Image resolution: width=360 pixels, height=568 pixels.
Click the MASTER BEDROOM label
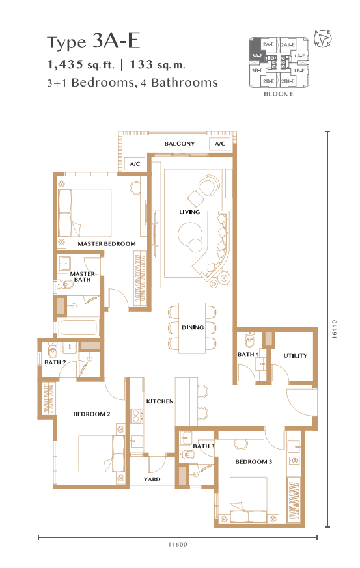107,244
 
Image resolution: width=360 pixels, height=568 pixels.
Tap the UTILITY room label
295,356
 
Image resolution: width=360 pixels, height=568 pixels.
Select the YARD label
152,480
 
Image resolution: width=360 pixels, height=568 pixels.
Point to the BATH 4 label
248,354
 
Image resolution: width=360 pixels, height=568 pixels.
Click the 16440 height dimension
334,329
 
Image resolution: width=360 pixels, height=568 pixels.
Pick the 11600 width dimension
178,544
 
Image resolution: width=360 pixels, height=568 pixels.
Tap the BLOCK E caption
279,94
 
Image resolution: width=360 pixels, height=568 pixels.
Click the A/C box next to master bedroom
135,164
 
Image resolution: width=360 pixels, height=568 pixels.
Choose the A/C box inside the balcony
220,144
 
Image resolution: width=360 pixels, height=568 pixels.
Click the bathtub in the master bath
79,327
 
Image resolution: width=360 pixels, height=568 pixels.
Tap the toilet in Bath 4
249,340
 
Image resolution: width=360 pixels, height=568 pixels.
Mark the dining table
192,328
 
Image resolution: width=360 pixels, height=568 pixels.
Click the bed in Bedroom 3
255,500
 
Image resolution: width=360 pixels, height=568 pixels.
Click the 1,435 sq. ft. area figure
81,65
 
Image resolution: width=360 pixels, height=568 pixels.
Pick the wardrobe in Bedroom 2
49,398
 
